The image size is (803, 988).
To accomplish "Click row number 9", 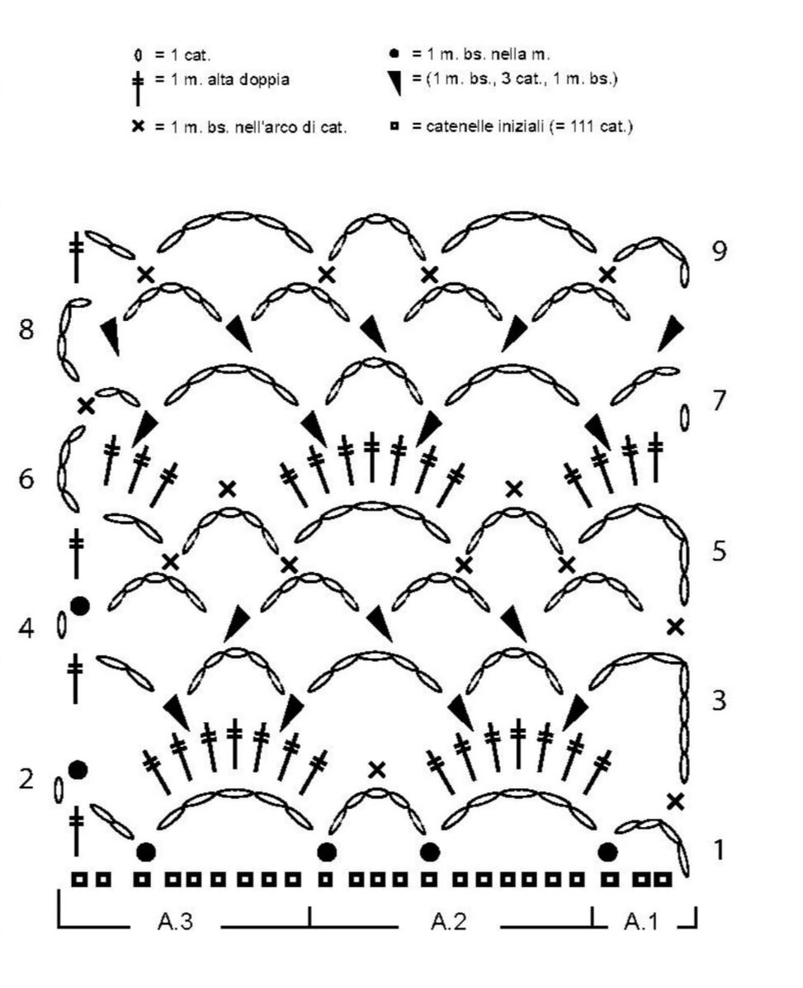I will [x=719, y=250].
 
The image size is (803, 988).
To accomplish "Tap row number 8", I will [x=27, y=330].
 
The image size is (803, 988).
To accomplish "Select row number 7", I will [x=719, y=401].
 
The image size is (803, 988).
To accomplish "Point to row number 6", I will [x=27, y=479].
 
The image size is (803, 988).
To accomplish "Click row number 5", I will [x=719, y=551].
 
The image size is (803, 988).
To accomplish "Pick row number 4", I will [x=27, y=630].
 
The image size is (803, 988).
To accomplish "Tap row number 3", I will [x=719, y=702].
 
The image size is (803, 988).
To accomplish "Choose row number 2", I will [x=27, y=778].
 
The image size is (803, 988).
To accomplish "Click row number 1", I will [x=719, y=849].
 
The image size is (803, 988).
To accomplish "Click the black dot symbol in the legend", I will [x=394, y=55].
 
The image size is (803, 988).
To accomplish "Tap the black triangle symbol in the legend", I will [x=394, y=81].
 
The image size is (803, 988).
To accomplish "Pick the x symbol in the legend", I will [x=138, y=127].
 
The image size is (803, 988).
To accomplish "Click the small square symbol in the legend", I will [x=394, y=127].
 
